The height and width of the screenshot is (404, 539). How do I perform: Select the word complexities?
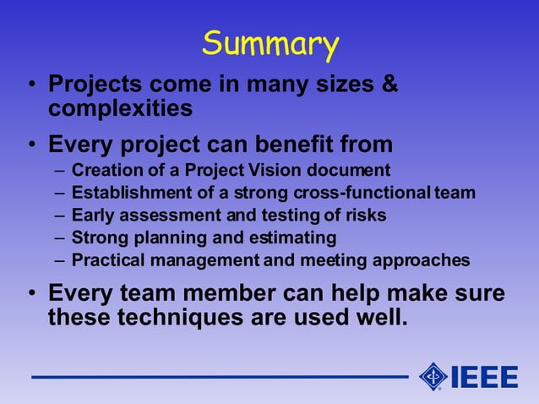pyautogui.click(x=120, y=109)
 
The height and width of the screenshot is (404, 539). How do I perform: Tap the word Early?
pyautogui.click(x=94, y=216)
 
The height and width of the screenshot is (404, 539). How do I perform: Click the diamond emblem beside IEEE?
pyautogui.click(x=433, y=376)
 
